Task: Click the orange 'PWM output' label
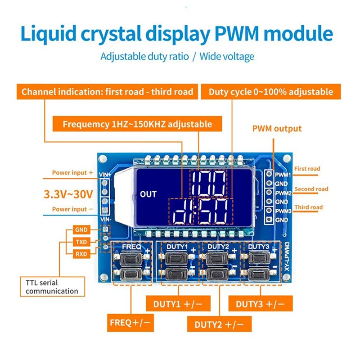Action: point(277,129)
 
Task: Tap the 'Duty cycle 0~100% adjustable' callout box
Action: point(271,92)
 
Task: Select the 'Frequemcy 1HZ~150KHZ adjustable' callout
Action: point(137,124)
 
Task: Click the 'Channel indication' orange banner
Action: point(108,92)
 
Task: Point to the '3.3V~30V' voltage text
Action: point(68,194)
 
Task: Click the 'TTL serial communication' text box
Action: point(52,287)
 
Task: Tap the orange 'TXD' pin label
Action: point(81,242)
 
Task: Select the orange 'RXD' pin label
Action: point(81,254)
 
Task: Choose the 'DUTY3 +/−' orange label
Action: point(261,304)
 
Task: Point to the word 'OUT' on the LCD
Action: point(148,194)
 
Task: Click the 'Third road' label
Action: point(309,207)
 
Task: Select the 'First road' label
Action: point(307,169)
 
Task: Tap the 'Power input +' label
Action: point(72,172)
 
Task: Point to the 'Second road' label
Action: point(311,189)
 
